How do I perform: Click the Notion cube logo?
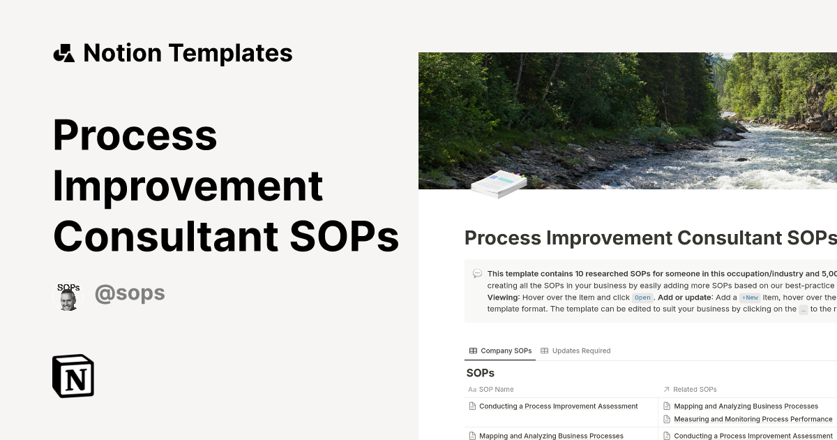[x=73, y=376]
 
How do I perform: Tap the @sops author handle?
[x=130, y=293]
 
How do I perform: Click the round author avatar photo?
[x=68, y=296]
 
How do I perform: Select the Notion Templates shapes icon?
[x=64, y=53]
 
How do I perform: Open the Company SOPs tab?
[x=500, y=351]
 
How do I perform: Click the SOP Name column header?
[x=496, y=389]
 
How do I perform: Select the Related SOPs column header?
[x=695, y=389]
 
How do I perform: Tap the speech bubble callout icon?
[x=477, y=274]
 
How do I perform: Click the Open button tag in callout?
[x=642, y=298]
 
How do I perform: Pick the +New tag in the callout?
[x=750, y=298]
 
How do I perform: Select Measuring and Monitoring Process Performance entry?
[x=753, y=419]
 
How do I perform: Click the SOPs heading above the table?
[x=480, y=373]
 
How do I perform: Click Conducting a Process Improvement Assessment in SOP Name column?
[x=558, y=406]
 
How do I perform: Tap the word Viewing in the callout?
[x=502, y=298]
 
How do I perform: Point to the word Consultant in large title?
[x=165, y=237]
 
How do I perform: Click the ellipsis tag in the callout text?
[x=804, y=309]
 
